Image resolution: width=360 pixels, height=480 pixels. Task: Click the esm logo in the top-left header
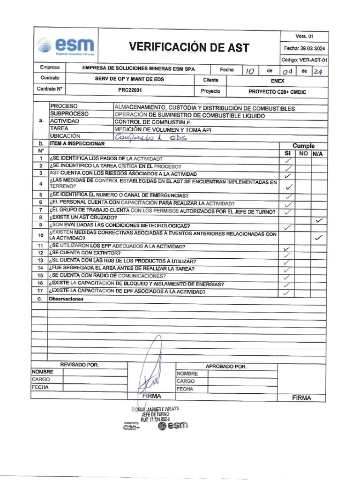[66, 47]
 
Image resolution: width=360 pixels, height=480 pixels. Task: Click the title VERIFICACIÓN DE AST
[189, 47]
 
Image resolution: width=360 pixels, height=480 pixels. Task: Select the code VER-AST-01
[304, 60]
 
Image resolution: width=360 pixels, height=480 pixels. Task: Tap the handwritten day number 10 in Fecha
[250, 71]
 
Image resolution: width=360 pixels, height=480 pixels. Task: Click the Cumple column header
[303, 146]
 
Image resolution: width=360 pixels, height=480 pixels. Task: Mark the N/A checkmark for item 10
[319, 238]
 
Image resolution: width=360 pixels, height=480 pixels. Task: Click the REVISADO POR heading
[79, 365]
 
